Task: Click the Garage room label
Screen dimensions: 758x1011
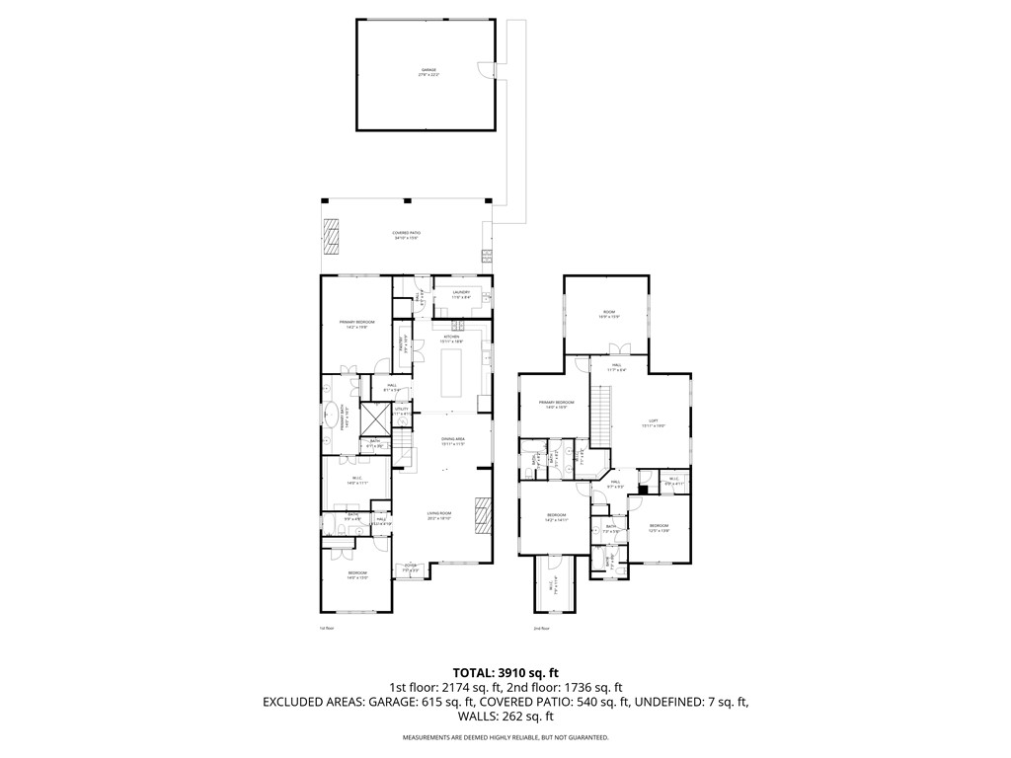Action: [x=428, y=71]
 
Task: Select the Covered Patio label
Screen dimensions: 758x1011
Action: [x=407, y=235]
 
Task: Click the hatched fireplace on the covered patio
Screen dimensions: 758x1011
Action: [x=332, y=235]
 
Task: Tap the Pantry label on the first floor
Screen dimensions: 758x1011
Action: [x=403, y=345]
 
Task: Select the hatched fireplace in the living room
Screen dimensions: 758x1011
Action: [x=482, y=514]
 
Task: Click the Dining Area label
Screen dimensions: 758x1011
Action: [x=452, y=442]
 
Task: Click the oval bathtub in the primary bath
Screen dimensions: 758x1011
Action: [x=329, y=418]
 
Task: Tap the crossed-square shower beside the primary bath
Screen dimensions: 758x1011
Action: [x=375, y=418]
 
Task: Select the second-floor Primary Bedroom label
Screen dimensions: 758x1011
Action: [x=556, y=405]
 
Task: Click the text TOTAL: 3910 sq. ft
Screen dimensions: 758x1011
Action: [x=505, y=672]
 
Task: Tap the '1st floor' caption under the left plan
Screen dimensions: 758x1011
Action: [x=327, y=628]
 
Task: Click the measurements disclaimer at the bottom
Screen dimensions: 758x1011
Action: [x=505, y=737]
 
